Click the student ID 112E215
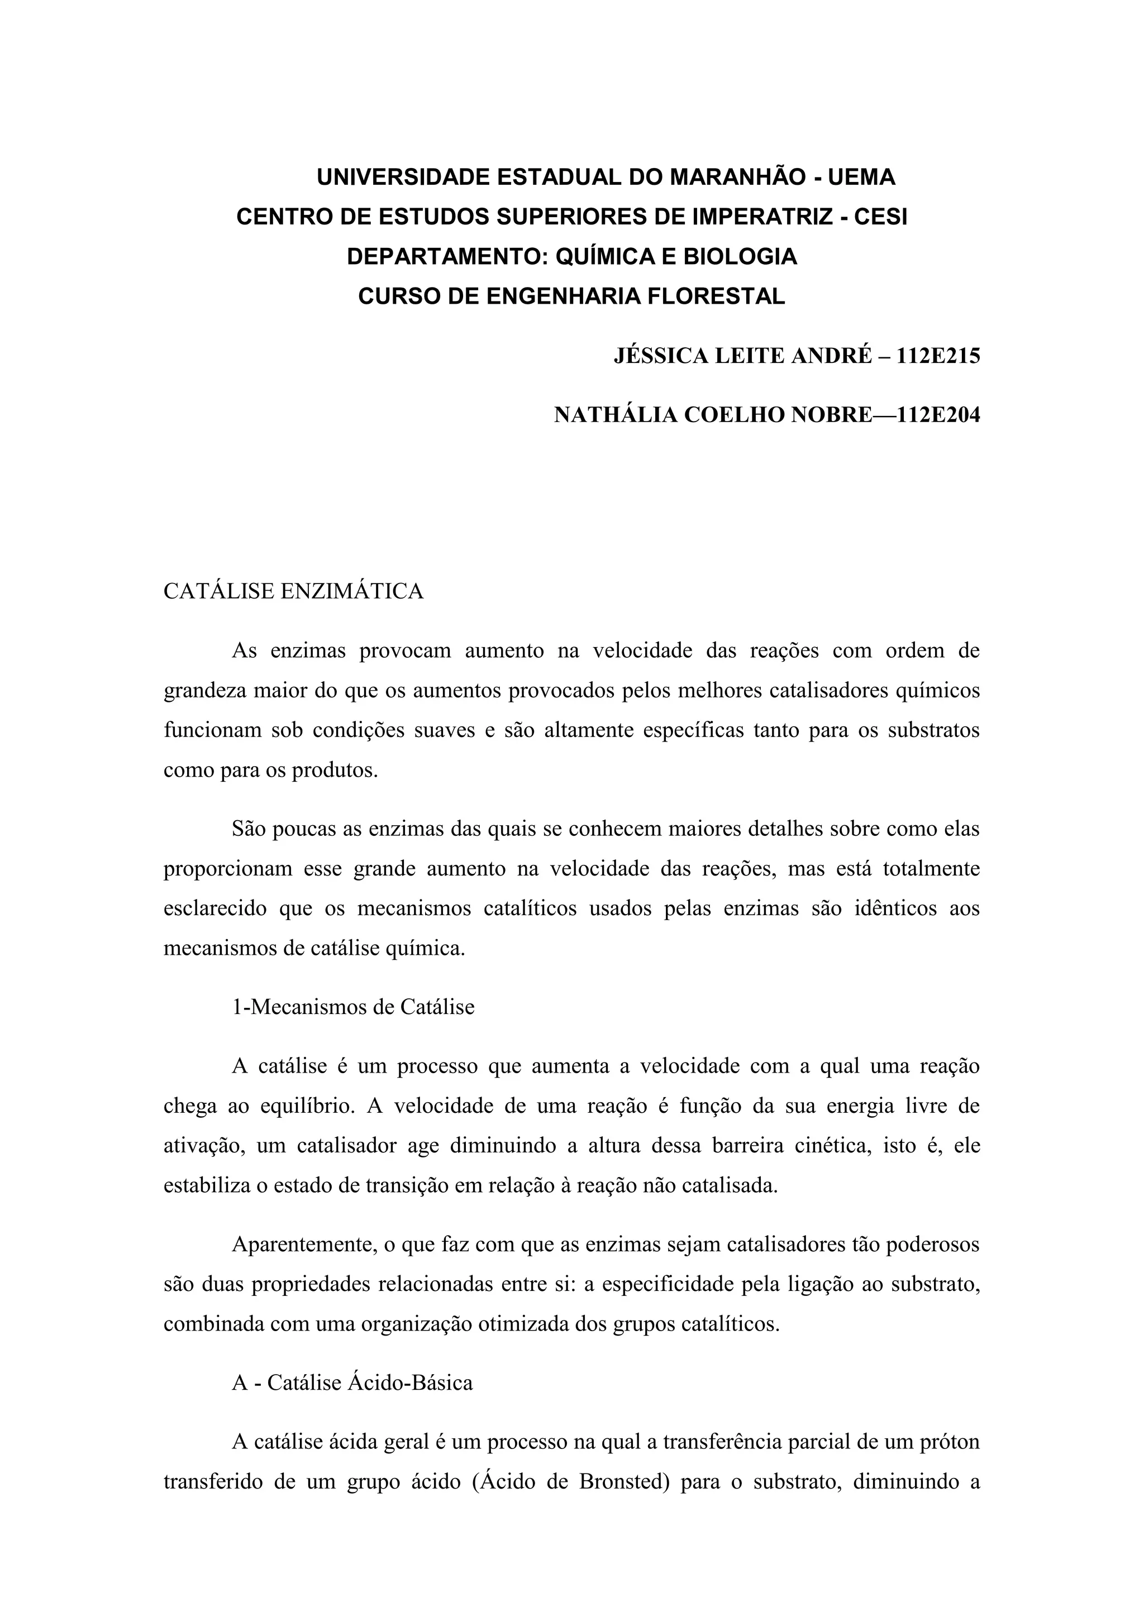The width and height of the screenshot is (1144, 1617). pyautogui.click(x=938, y=356)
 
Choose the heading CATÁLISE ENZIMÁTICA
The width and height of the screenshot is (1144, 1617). pyautogui.click(x=293, y=592)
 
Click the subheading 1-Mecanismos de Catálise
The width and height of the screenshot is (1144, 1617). pyautogui.click(x=353, y=1007)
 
